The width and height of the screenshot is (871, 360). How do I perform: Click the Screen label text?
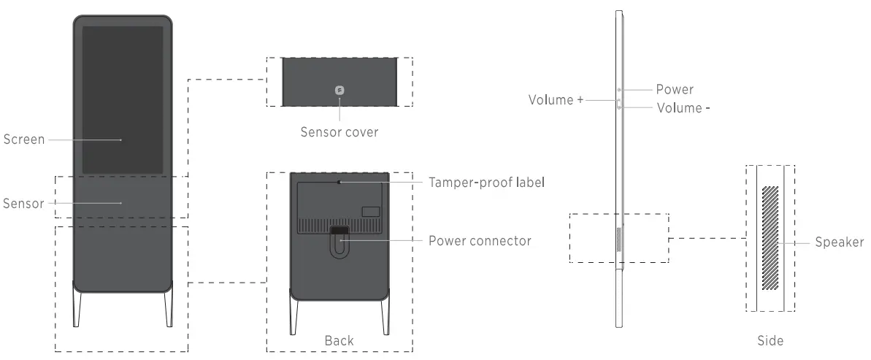pyautogui.click(x=24, y=139)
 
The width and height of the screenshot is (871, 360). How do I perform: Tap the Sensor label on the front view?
pyautogui.click(x=24, y=203)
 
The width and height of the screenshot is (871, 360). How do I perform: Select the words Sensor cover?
pyautogui.click(x=339, y=132)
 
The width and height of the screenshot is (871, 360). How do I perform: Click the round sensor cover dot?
pyautogui.click(x=339, y=90)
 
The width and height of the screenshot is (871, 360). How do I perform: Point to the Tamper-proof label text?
pyautogui.click(x=486, y=182)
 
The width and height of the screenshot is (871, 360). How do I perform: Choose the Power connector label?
pyautogui.click(x=480, y=240)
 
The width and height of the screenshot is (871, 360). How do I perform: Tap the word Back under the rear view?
pyautogui.click(x=339, y=340)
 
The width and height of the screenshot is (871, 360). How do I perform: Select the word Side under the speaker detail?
pyautogui.click(x=770, y=340)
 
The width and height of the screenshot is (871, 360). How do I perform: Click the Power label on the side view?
pyautogui.click(x=674, y=90)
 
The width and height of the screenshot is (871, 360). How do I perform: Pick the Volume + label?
pyautogui.click(x=556, y=100)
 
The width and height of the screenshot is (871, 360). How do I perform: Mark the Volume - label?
pyautogui.click(x=683, y=108)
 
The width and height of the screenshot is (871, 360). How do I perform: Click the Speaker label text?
pyautogui.click(x=840, y=242)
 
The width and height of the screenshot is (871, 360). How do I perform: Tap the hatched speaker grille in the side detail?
pyautogui.click(x=770, y=237)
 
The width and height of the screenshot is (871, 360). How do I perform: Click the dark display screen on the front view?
pyautogui.click(x=122, y=100)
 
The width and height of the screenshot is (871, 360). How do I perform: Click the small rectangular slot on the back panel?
pyautogui.click(x=371, y=212)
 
